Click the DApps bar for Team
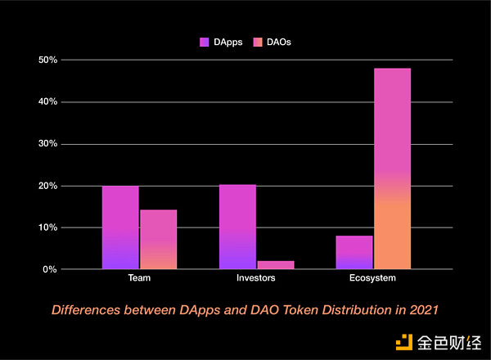click(x=120, y=227)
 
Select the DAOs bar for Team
click(x=158, y=239)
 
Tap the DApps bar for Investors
click(x=237, y=227)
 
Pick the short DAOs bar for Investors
click(x=275, y=264)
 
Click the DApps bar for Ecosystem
click(x=354, y=252)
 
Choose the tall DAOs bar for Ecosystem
click(x=392, y=169)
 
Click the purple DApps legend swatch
click(x=204, y=41)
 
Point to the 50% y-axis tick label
click(x=47, y=60)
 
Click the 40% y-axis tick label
click(x=47, y=101)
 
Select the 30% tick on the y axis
click(x=47, y=143)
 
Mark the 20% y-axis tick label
click(x=47, y=186)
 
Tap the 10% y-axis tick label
click(x=47, y=227)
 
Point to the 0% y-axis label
click(x=49, y=269)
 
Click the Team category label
click(x=139, y=279)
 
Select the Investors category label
click(x=256, y=279)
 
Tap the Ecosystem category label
click(x=373, y=279)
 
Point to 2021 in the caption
click(x=426, y=310)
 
